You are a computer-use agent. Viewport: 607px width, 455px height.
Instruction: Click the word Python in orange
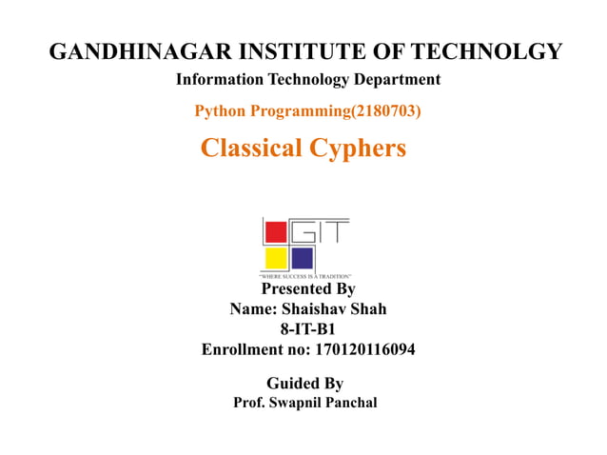pos(219,111)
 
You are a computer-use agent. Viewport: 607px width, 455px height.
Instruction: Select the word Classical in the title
pos(251,148)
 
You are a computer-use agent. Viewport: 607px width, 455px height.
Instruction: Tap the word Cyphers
pos(358,148)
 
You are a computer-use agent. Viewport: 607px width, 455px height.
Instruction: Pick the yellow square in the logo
pos(276,258)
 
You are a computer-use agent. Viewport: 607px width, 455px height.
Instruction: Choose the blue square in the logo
pos(302,258)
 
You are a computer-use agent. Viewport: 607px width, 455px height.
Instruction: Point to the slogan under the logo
pos(305,274)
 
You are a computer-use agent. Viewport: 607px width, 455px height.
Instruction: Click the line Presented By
pos(307,288)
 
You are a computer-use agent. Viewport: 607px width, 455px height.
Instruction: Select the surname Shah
pos(366,309)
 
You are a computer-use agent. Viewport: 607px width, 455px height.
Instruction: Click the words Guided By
pos(304,384)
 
